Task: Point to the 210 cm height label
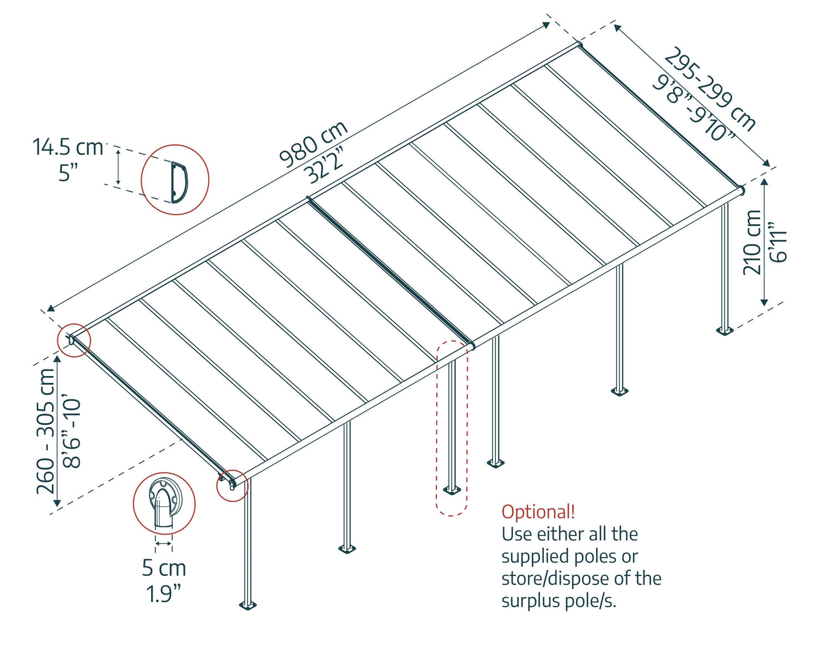point(753,242)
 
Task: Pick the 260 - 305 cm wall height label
point(46,431)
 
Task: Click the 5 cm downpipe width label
point(164,568)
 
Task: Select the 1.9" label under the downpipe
point(163,593)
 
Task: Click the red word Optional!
point(538,512)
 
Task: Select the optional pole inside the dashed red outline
point(452,426)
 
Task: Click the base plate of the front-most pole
point(248,605)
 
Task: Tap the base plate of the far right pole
point(724,330)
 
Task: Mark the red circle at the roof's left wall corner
point(74,340)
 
